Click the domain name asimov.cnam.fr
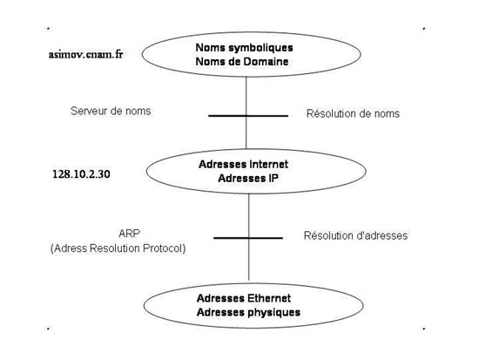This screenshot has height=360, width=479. click(86, 54)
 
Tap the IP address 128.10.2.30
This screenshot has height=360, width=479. click(81, 174)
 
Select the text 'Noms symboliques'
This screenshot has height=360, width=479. click(244, 48)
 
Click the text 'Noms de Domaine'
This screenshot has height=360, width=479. click(242, 62)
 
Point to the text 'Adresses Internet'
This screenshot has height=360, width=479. click(243, 164)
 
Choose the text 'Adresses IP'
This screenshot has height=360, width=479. click(248, 178)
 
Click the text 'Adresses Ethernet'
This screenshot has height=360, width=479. click(244, 298)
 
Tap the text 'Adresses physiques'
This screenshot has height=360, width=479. click(248, 312)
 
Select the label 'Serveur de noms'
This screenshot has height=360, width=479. click(111, 111)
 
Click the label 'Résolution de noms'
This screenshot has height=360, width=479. click(353, 113)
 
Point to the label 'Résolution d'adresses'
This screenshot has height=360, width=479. click(355, 235)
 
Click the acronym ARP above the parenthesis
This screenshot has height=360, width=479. click(129, 234)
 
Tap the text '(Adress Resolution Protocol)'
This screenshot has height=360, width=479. click(118, 248)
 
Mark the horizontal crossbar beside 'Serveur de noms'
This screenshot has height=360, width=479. click(248, 116)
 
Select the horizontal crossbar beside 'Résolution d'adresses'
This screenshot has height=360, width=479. click(248, 238)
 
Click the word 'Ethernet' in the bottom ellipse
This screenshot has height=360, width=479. click(269, 298)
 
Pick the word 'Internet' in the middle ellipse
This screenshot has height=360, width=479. click(269, 164)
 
